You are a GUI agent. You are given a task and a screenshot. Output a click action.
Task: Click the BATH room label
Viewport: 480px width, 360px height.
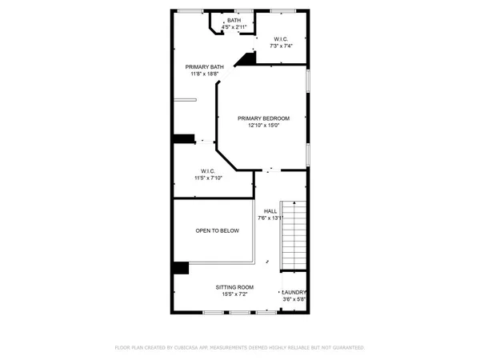(x=234, y=20)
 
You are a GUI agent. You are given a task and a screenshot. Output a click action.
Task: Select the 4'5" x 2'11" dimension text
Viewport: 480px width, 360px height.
(x=234, y=27)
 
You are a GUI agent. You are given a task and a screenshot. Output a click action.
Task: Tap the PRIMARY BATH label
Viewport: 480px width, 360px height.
(x=204, y=66)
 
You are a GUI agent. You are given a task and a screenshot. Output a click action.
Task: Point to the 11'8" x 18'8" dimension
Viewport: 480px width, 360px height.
(x=204, y=74)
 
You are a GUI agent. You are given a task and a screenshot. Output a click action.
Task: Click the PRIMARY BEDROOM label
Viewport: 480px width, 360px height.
(x=263, y=118)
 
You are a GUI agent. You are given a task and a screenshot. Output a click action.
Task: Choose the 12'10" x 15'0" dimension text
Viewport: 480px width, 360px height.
(x=263, y=126)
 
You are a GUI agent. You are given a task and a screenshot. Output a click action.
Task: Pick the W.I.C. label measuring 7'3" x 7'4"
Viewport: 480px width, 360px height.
(x=281, y=38)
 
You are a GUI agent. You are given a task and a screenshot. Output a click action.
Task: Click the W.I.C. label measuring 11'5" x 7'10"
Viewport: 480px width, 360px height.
(x=207, y=170)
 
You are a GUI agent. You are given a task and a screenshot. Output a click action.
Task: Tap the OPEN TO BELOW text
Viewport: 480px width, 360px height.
(x=217, y=230)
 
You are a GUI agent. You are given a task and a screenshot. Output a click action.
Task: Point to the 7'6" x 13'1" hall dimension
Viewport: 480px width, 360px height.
(x=271, y=218)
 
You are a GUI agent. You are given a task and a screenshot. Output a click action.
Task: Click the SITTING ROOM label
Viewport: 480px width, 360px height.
(x=234, y=286)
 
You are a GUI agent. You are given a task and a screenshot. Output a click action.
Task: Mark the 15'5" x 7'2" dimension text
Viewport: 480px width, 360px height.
(x=234, y=294)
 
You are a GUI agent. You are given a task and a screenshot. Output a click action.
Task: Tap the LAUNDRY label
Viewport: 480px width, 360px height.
(x=294, y=293)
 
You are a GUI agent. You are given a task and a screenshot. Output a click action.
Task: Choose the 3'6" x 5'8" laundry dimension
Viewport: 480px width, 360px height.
(x=294, y=300)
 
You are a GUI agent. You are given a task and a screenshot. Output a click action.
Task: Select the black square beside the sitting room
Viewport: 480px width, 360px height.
(x=180, y=269)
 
